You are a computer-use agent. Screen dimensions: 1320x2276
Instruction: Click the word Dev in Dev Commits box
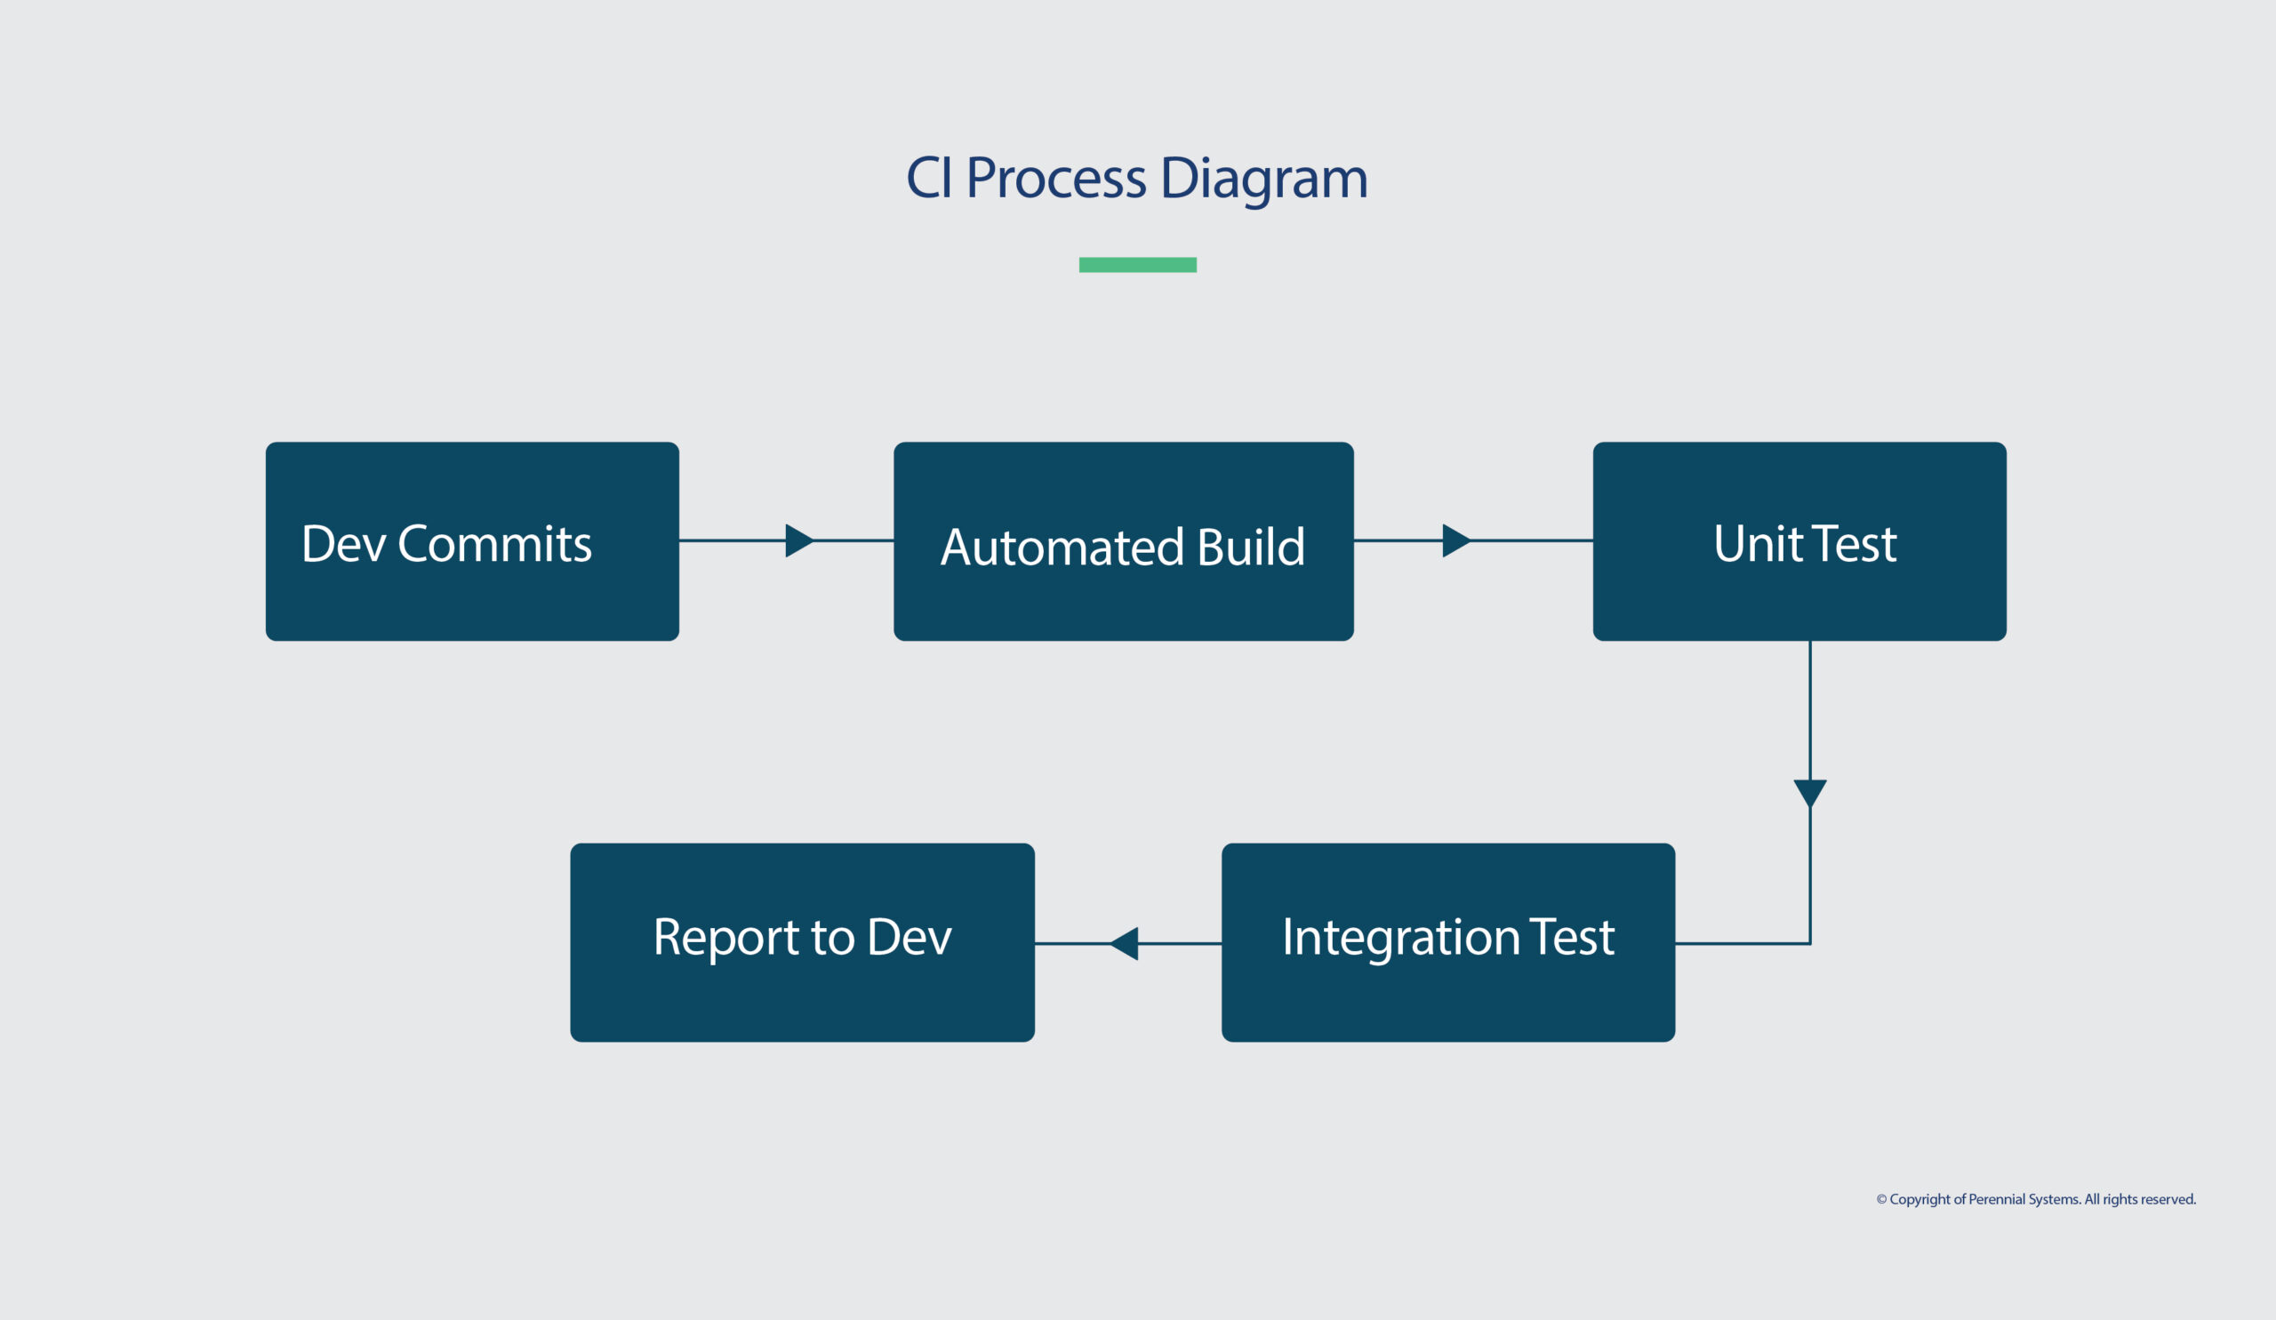click(343, 544)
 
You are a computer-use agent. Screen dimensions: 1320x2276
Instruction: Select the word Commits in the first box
click(494, 544)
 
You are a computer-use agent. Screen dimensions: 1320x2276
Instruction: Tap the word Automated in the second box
click(1062, 548)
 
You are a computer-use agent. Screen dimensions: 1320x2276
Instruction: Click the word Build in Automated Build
click(1250, 548)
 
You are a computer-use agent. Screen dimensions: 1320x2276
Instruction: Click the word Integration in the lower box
click(1401, 937)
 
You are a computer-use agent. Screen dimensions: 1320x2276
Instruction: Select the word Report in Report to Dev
click(725, 937)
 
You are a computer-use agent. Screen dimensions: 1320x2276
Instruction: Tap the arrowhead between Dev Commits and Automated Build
click(798, 540)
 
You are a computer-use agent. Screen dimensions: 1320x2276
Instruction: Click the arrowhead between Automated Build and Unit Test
click(1455, 540)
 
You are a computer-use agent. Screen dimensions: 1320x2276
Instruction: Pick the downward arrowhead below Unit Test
click(1810, 792)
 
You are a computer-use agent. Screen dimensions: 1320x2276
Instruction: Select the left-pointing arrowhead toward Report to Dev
click(1126, 943)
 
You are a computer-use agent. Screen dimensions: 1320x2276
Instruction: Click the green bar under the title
click(1137, 265)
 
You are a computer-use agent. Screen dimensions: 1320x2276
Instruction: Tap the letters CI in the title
click(928, 178)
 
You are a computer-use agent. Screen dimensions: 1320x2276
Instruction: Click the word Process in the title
click(1056, 178)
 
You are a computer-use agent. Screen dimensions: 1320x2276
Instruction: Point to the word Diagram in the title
click(1263, 178)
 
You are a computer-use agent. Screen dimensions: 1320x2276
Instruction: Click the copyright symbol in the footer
click(1881, 1199)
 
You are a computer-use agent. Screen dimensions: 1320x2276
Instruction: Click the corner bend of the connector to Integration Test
click(1810, 943)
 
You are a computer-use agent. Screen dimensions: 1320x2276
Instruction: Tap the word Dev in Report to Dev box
click(909, 937)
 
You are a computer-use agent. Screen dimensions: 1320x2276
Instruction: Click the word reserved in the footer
click(2168, 1199)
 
